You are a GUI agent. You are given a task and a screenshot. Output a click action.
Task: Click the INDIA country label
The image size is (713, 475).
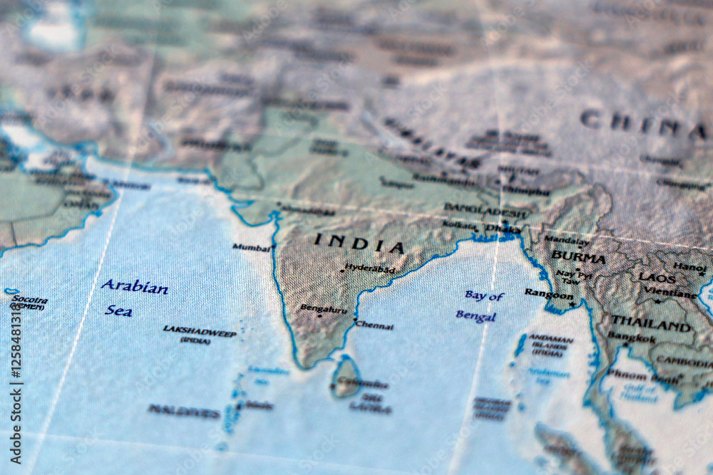point(359,244)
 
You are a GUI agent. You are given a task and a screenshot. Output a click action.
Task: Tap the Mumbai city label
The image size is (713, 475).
point(251,248)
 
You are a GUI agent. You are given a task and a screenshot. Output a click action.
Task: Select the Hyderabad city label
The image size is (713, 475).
point(369,268)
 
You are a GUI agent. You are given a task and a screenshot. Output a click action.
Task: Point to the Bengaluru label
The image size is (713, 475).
point(324,309)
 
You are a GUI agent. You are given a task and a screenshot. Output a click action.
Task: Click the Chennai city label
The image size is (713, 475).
point(374,326)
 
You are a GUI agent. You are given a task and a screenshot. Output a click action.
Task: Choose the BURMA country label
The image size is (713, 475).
point(578,256)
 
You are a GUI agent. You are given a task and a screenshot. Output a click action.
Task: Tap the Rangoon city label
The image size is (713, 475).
point(548,293)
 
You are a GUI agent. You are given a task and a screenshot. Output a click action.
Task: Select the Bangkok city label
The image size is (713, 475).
point(632,338)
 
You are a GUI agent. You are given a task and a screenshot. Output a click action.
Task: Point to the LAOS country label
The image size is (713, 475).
point(657,278)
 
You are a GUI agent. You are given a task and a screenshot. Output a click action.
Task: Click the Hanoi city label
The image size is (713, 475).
point(689,267)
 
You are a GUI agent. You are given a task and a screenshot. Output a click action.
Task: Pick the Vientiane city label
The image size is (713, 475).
point(670,293)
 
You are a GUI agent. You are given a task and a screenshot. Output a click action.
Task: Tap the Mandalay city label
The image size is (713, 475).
point(567,241)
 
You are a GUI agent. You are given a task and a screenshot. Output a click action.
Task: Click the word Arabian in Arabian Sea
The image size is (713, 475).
point(134,288)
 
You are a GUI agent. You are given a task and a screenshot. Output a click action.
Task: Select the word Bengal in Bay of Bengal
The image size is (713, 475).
point(476,315)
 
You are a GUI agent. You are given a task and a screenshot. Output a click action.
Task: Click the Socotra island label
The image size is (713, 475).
point(31,300)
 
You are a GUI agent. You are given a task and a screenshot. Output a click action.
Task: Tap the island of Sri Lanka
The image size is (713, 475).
point(347,377)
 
